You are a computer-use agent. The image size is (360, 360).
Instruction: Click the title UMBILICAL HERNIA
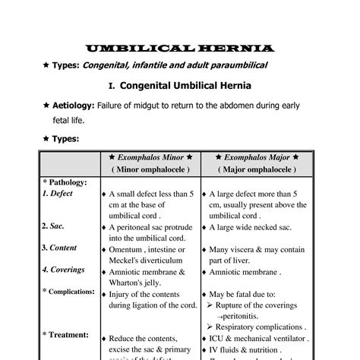[x=179, y=49]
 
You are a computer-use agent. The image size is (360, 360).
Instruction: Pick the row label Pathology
[x=66, y=182]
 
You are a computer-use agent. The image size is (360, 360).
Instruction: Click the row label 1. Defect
[x=58, y=194]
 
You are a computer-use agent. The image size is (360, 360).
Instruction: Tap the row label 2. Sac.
[x=53, y=226]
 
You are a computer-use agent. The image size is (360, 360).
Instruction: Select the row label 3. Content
[x=59, y=248]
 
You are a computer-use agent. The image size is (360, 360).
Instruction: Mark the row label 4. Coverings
[x=63, y=270]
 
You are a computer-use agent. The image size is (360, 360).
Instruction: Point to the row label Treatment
[x=67, y=334]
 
